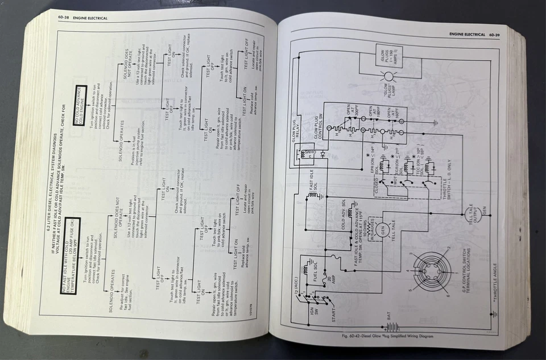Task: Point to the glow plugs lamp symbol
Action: (388, 76)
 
